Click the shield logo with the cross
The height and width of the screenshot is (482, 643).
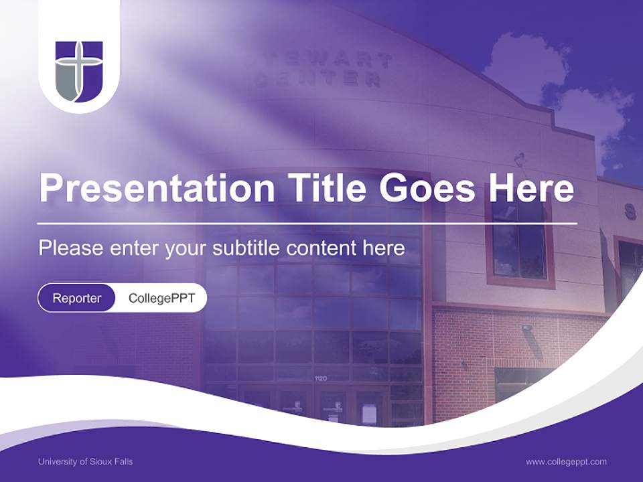(x=79, y=71)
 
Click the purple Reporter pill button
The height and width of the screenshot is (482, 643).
(x=77, y=298)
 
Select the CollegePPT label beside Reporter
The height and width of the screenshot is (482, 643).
(x=161, y=298)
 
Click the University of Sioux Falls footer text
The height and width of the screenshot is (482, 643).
(x=86, y=461)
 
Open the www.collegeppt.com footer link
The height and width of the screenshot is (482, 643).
(x=566, y=461)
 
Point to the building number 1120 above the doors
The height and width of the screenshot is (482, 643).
(x=321, y=379)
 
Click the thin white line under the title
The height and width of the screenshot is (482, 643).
(x=307, y=222)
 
